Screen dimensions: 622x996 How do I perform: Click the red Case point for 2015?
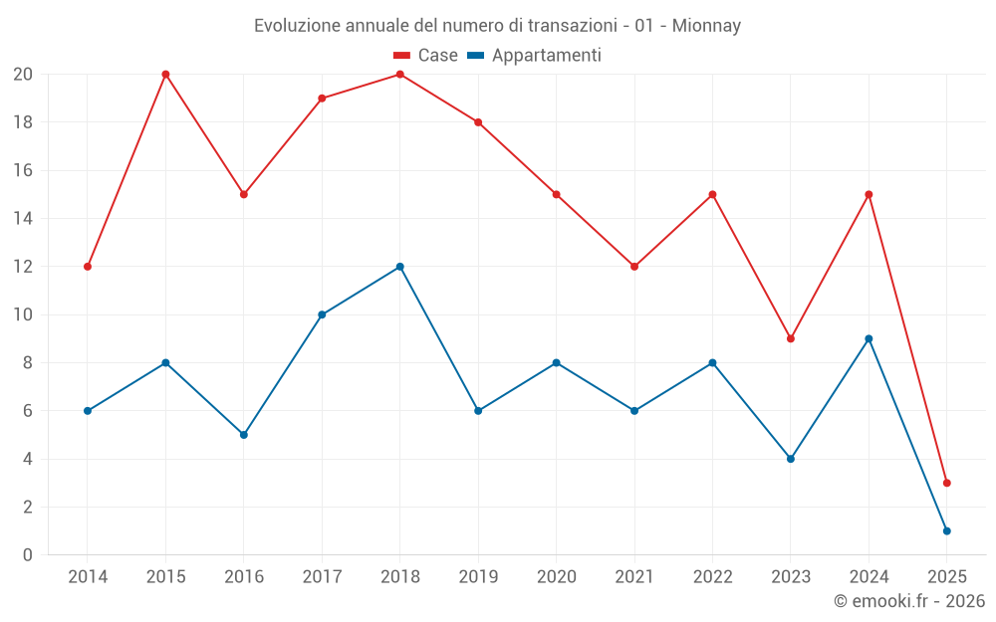click(165, 75)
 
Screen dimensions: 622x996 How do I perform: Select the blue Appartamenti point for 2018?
click(399, 267)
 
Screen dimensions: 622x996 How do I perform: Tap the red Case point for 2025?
click(946, 483)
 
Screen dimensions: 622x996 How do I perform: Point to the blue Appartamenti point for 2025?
click(946, 530)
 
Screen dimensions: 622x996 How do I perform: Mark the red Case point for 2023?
click(790, 338)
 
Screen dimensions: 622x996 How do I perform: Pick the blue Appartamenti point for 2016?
click(243, 435)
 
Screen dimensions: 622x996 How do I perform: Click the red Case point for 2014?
click(88, 267)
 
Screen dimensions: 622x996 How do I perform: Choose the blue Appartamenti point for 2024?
click(869, 338)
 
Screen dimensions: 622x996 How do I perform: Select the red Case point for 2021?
click(633, 267)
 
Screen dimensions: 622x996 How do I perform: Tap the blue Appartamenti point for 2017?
click(322, 314)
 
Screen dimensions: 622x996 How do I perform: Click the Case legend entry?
click(425, 56)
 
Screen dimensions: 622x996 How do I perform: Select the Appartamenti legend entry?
click(534, 56)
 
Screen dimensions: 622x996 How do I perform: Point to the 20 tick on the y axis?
click(23, 75)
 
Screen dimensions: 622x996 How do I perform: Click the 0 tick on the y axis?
click(28, 555)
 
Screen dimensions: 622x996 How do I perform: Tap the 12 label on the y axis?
click(23, 267)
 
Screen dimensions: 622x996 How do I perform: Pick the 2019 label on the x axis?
click(477, 577)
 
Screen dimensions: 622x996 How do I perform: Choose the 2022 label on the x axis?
click(712, 577)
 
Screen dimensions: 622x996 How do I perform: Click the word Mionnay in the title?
click(706, 26)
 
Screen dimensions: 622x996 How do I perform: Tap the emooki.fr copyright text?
click(908, 601)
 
